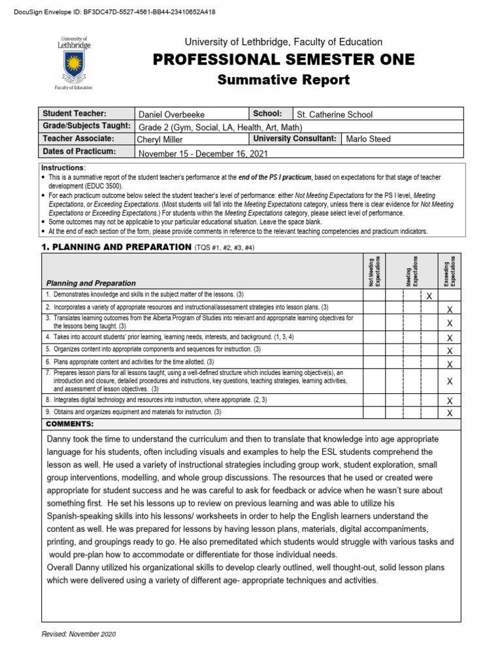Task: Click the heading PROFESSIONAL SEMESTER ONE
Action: [x=283, y=60]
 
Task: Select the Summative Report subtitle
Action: [x=283, y=80]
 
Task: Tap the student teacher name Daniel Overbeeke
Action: [x=171, y=114]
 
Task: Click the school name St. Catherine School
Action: [x=335, y=114]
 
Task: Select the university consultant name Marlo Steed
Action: [x=369, y=139]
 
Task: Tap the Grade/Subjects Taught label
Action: [x=87, y=126]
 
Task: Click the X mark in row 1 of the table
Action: [x=429, y=297]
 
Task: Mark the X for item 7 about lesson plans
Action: [x=449, y=381]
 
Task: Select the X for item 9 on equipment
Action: [x=449, y=414]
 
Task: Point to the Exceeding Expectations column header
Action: [x=450, y=269]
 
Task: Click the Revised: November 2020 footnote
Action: [x=78, y=634]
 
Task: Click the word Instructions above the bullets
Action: [x=63, y=168]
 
